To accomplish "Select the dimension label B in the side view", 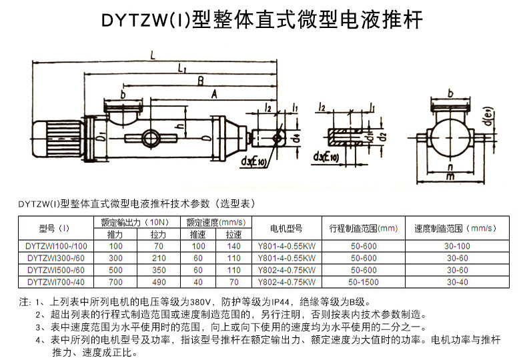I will point(199,80).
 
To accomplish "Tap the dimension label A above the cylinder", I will point(214,95).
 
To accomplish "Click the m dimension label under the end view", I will point(451,176).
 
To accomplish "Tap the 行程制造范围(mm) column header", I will point(364,228).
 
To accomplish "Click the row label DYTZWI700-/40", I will point(57,281).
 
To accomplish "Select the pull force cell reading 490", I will point(158,281).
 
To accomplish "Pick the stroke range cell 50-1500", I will point(364,281).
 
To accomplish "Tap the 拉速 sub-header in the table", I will point(233,235).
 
